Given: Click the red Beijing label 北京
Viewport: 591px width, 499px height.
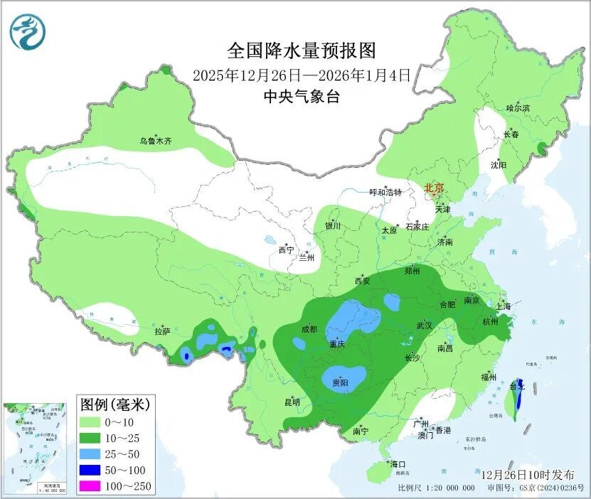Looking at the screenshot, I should click(x=434, y=188).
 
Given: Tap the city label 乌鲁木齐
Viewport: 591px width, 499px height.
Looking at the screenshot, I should click(x=156, y=141).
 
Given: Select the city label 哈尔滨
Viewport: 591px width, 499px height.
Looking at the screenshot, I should click(x=518, y=108).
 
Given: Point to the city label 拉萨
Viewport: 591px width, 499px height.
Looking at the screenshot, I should click(x=162, y=331).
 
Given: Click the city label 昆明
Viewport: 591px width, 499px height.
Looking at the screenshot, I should click(x=292, y=402).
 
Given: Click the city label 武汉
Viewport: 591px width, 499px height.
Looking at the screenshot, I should click(x=425, y=325).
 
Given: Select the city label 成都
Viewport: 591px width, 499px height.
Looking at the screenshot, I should click(x=309, y=329).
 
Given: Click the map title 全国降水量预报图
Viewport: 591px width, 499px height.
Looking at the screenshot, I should click(x=301, y=50).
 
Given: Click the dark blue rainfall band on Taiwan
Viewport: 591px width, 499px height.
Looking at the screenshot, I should click(x=518, y=392).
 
